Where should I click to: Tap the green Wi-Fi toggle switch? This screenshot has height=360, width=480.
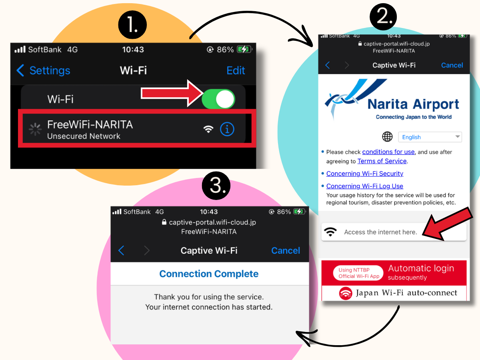click(218, 99)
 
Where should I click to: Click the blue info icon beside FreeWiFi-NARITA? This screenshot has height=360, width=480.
click(227, 129)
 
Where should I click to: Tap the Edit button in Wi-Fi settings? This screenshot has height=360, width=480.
click(236, 70)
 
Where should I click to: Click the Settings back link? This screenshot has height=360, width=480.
click(43, 70)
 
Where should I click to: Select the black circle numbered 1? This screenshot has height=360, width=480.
click(132, 24)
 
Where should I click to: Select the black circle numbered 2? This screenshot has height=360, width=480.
click(383, 17)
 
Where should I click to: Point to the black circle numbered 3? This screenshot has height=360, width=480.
click(216, 185)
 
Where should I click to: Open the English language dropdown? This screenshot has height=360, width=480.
click(430, 137)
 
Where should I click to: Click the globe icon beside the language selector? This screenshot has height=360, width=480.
click(387, 137)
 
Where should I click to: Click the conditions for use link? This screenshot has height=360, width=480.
click(388, 152)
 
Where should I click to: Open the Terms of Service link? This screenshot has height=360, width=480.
click(382, 161)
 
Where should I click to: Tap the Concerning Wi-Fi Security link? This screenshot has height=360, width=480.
click(364, 174)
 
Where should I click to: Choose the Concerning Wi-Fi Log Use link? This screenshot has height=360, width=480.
click(364, 186)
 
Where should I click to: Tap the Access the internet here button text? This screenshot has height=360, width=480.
click(380, 232)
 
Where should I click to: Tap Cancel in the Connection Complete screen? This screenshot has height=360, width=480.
click(285, 250)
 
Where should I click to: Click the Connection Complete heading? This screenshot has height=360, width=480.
click(209, 274)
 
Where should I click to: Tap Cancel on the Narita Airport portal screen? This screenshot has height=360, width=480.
click(452, 65)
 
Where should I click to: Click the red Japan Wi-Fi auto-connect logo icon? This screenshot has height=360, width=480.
click(346, 293)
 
